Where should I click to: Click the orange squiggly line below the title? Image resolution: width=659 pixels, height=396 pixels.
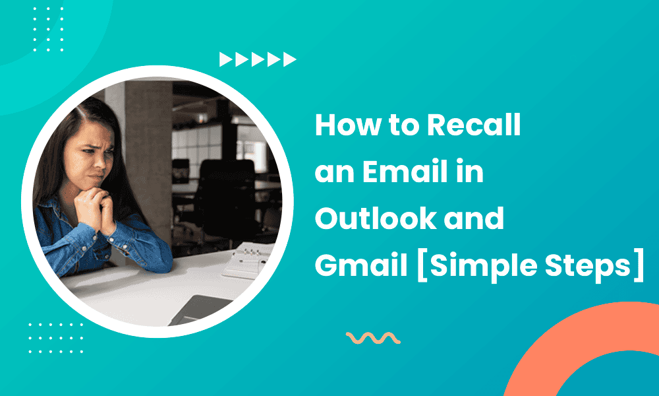tap(373, 339)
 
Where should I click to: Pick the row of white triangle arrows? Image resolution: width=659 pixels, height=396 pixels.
tap(258, 60)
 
